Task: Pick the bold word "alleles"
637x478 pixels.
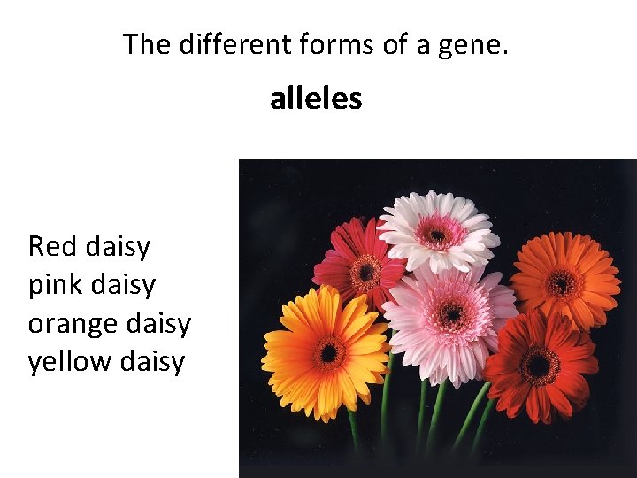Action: pos(316,98)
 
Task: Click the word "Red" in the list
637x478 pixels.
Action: pos(53,246)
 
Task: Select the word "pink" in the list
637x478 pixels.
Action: pos(54,286)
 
